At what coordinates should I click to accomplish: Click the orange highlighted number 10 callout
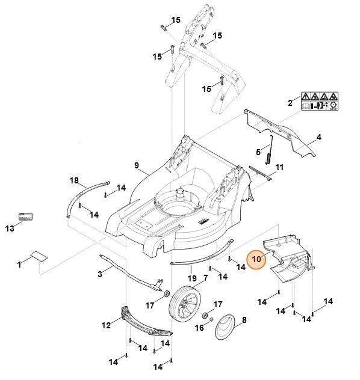pyautogui.click(x=257, y=259)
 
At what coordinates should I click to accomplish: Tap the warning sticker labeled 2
pyautogui.click(x=318, y=100)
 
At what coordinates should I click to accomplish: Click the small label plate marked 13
pyautogui.click(x=25, y=216)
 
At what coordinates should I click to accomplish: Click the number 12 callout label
pyautogui.click(x=106, y=325)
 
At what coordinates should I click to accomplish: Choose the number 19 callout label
pyautogui.click(x=191, y=278)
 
